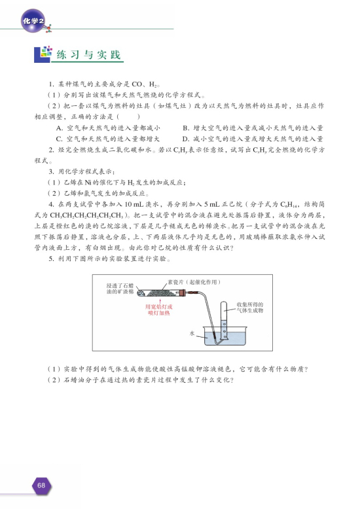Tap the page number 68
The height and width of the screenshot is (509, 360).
pyautogui.click(x=41, y=485)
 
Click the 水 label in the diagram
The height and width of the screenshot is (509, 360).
pyautogui.click(x=192, y=333)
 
